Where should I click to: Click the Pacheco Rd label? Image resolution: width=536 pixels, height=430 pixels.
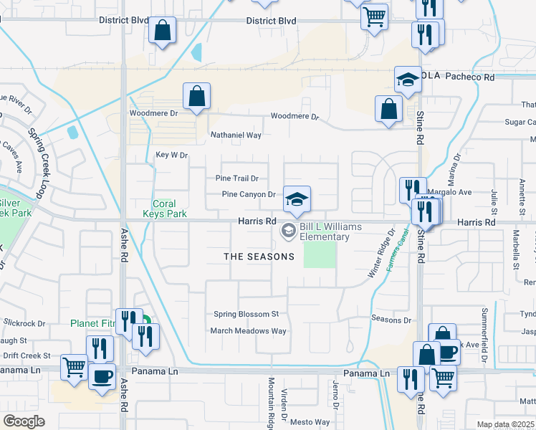pyautogui.click(x=475, y=76)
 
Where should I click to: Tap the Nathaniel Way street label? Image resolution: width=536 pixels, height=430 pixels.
pyautogui.click(x=236, y=135)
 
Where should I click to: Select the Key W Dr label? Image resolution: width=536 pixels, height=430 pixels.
pyautogui.click(x=171, y=155)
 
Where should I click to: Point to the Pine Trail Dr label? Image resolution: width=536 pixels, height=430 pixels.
pyautogui.click(x=236, y=178)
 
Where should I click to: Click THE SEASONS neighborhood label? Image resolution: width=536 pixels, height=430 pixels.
pyautogui.click(x=259, y=257)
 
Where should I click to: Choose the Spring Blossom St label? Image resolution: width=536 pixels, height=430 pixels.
pyautogui.click(x=246, y=314)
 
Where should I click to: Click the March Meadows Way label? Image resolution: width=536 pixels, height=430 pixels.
pyautogui.click(x=248, y=330)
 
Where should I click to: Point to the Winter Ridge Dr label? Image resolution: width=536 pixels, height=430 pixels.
pyautogui.click(x=382, y=254)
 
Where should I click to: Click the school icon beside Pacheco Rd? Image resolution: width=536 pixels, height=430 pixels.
pyautogui.click(x=408, y=80)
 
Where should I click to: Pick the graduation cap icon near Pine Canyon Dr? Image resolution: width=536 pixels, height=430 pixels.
pyautogui.click(x=297, y=199)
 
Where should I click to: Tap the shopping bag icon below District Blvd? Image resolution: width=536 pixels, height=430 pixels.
pyautogui.click(x=163, y=30)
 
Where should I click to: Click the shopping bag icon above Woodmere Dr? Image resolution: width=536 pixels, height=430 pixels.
pyautogui.click(x=196, y=96)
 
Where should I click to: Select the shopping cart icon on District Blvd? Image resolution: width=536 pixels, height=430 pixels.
pyautogui.click(x=374, y=16)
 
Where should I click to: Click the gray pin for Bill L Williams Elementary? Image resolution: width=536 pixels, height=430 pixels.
pyautogui.click(x=288, y=231)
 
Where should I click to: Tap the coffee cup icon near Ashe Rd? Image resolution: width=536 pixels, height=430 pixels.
pyautogui.click(x=102, y=376)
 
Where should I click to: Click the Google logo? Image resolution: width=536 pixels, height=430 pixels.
pyautogui.click(x=24, y=421)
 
